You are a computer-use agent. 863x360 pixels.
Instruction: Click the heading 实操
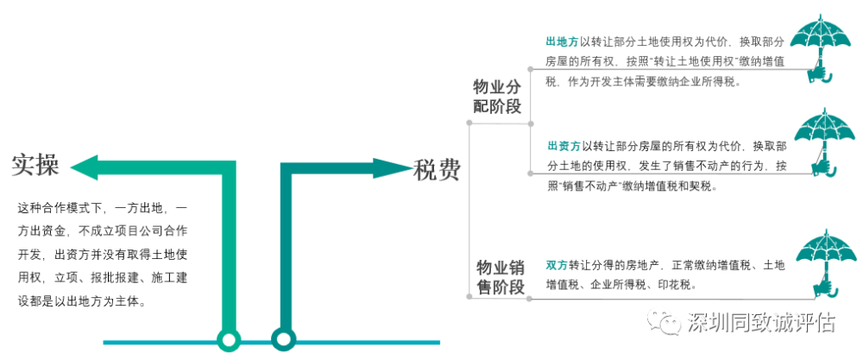pyautogui.click(x=35, y=165)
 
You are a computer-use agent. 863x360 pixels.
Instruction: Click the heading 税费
pyautogui.click(x=437, y=170)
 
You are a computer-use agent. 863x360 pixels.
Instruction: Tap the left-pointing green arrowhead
pyautogui.click(x=85, y=167)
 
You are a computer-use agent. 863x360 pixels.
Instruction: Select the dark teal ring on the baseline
pyautogui.click(x=283, y=339)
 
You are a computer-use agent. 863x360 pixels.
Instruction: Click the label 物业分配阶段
pyautogui.click(x=498, y=97)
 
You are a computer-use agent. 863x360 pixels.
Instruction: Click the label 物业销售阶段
pyautogui.click(x=501, y=277)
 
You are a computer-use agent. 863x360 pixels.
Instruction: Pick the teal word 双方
pyautogui.click(x=557, y=265)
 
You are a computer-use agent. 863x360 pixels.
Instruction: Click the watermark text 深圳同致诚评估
pyautogui.click(x=762, y=323)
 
